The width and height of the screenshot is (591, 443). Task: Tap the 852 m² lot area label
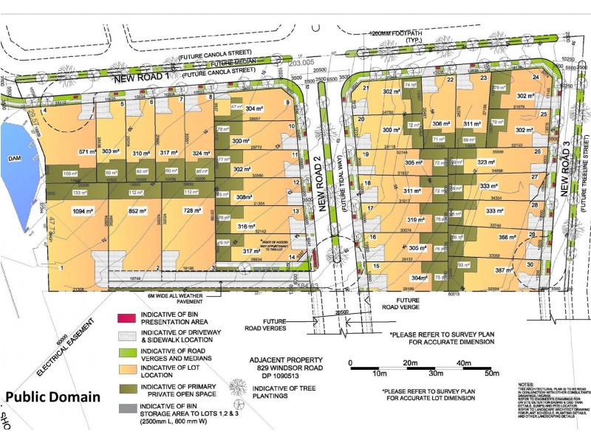point(138,211)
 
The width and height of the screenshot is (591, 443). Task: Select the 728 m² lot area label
point(191,211)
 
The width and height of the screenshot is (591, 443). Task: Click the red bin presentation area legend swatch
point(124,318)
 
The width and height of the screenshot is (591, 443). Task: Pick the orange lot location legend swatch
point(124,371)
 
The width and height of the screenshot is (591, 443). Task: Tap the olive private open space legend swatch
point(124,388)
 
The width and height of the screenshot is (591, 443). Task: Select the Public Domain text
point(52,397)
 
